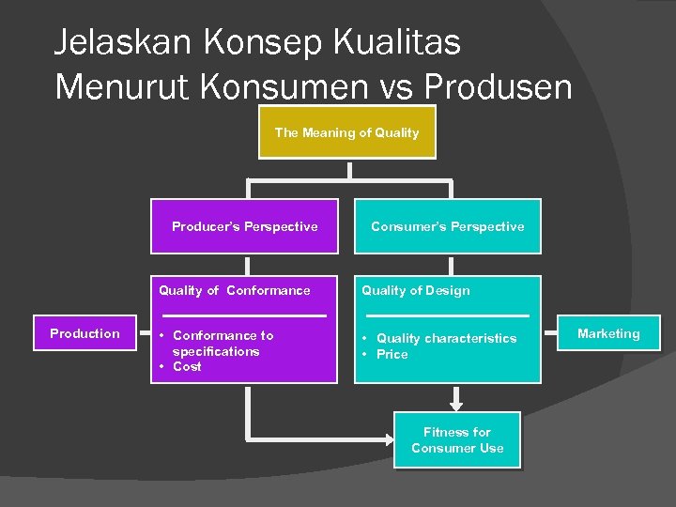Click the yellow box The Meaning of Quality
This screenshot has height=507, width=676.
tap(346, 132)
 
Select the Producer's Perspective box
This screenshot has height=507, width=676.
tap(244, 226)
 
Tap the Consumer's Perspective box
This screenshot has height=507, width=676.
tap(447, 226)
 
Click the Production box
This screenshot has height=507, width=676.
tap(84, 333)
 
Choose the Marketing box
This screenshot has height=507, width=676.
tap(608, 333)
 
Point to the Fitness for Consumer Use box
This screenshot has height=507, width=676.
tap(457, 440)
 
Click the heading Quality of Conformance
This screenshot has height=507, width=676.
tap(234, 291)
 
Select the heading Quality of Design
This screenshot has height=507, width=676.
tap(416, 291)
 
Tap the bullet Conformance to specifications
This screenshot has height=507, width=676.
tap(222, 343)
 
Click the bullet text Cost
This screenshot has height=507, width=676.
tap(187, 367)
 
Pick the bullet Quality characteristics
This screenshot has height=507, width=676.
tap(446, 338)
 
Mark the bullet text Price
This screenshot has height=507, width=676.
tap(392, 355)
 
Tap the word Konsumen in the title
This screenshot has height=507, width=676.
tap(300, 86)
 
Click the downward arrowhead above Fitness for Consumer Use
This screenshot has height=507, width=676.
tap(457, 406)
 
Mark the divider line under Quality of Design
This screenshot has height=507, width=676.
tap(447, 315)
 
